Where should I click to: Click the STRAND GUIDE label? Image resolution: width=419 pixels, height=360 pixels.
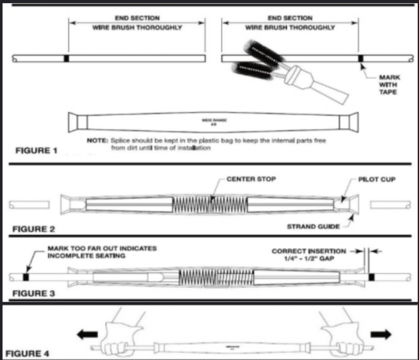click(x=314, y=226)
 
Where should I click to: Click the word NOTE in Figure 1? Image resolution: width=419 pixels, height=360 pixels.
click(x=97, y=141)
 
